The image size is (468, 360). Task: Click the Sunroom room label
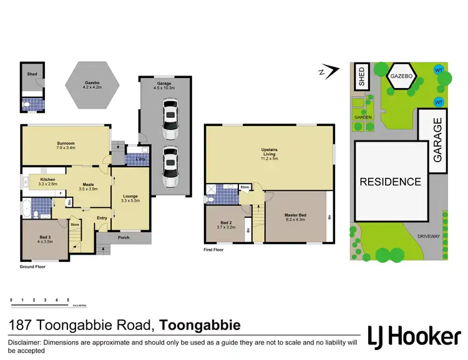pos(66,145)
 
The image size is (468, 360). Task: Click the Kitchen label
pos(48,182)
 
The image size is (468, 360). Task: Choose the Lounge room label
pos(130,198)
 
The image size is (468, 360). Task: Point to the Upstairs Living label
pos(269,156)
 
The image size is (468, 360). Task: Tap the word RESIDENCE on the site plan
pos(389,182)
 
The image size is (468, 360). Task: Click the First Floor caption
pos(214,250)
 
